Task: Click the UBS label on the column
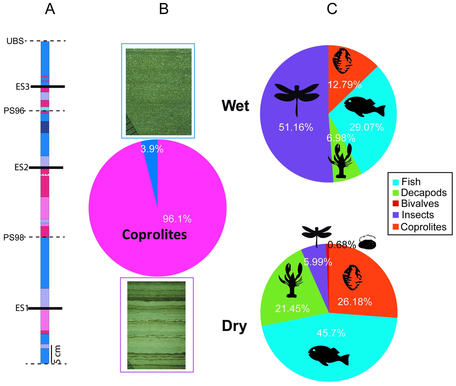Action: tap(15, 41)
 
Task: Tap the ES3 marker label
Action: tap(22, 87)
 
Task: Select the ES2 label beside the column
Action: tap(21, 167)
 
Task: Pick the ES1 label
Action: tap(22, 308)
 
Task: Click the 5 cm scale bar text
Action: tap(58, 355)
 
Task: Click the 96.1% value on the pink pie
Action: tap(177, 219)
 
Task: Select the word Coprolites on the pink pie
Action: tap(154, 235)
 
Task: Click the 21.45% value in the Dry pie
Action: tap(292, 309)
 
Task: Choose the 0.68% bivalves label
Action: tap(342, 245)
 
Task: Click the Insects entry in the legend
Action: tap(417, 215)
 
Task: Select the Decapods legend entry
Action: tap(423, 193)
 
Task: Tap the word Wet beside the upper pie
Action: tap(235, 106)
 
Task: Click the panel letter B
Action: tap(164, 9)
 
